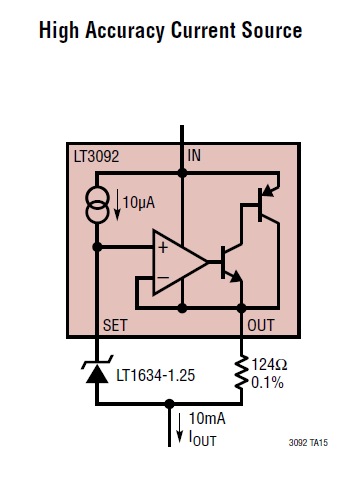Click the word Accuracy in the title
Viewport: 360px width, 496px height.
(125, 31)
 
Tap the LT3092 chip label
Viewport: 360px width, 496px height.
(96, 156)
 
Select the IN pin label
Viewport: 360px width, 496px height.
(194, 156)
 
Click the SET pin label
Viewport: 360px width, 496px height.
(115, 325)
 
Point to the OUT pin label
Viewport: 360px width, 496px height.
(261, 325)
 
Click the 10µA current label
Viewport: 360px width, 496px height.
(139, 202)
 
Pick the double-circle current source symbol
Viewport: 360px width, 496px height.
(97, 204)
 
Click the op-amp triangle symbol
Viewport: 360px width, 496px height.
(180, 262)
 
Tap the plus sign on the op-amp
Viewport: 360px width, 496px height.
(163, 248)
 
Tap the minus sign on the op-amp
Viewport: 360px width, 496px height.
(163, 277)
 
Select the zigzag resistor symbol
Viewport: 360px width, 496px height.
(241, 373)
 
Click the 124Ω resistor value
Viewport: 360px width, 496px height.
(269, 364)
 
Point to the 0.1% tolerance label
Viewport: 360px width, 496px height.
(267, 382)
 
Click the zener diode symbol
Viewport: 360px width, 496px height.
(97, 370)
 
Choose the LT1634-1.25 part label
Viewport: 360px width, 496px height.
(155, 376)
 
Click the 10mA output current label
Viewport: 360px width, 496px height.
(207, 418)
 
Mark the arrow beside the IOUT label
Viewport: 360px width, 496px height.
(180, 428)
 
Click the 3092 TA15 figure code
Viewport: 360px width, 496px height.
(308, 443)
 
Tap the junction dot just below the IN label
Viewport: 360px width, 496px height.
(182, 173)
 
